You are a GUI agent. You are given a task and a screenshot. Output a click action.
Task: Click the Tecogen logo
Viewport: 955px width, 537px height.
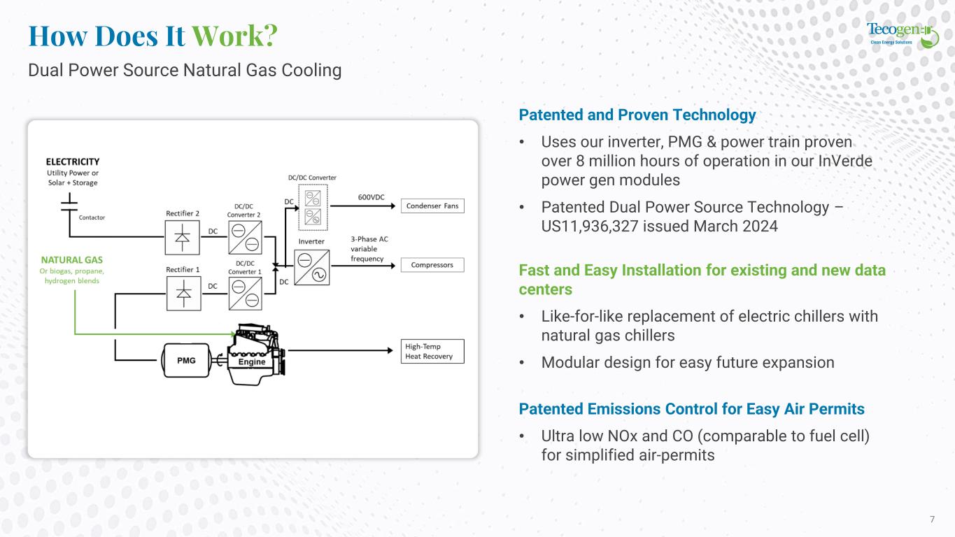[x=902, y=34]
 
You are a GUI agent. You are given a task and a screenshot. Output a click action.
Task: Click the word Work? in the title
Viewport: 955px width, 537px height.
[x=234, y=36]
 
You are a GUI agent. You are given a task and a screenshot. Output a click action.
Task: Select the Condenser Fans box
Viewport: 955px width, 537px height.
[x=432, y=206]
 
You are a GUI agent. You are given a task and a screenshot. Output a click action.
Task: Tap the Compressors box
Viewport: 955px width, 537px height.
[x=432, y=265]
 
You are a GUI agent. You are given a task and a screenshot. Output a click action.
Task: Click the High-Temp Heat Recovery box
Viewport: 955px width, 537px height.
[x=432, y=351]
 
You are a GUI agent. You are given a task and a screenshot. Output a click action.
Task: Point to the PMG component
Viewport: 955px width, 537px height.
[x=187, y=361]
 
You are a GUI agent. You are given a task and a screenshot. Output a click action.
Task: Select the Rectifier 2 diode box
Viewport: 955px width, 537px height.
[x=182, y=237]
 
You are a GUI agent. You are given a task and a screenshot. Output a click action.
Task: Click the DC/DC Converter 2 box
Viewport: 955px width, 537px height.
[x=244, y=237]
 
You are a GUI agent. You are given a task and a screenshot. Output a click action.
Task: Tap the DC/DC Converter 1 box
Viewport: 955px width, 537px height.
[x=244, y=294]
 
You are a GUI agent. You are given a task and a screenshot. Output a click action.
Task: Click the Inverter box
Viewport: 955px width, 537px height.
[x=311, y=268]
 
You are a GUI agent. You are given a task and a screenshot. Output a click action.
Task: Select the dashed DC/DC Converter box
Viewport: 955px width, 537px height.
[x=312, y=210]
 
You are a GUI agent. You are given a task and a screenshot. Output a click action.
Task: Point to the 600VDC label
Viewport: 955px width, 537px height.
[x=371, y=197]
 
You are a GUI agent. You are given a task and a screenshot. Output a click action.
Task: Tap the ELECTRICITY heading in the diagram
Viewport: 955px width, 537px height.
[x=73, y=162]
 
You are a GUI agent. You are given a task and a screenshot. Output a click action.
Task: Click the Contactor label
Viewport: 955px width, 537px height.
[x=92, y=217]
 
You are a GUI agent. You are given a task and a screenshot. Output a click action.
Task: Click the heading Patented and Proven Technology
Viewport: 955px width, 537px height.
[x=637, y=115]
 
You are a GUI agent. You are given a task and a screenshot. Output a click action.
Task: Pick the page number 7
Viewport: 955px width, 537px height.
[x=932, y=519]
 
